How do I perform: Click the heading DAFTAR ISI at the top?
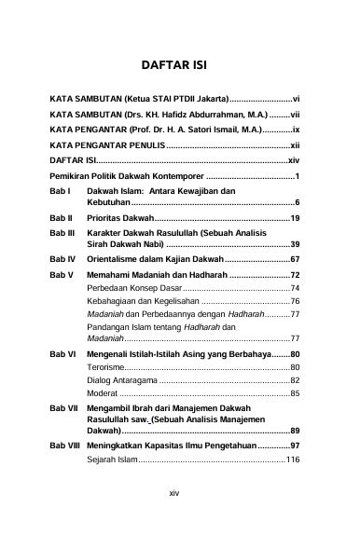(179, 67)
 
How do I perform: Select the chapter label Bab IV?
(62, 257)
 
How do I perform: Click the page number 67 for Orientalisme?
(294, 257)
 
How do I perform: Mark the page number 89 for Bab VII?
(294, 432)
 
